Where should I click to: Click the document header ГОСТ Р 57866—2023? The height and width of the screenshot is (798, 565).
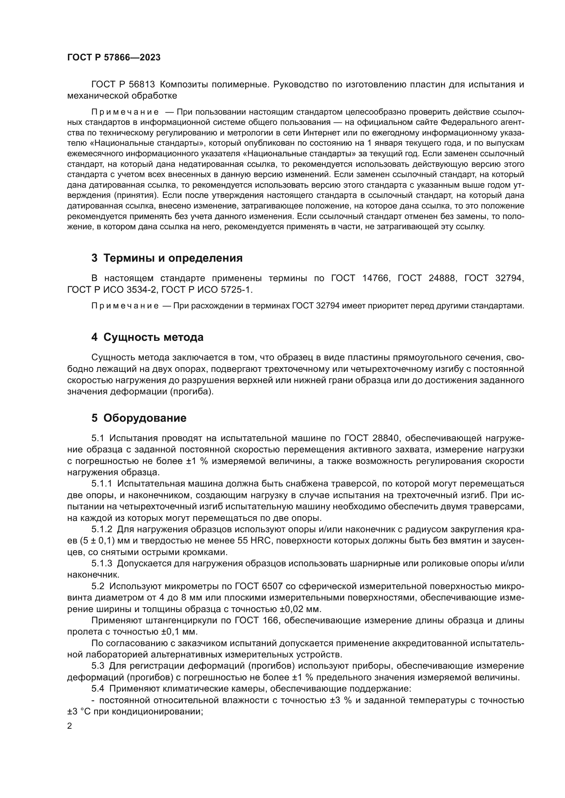tap(114, 57)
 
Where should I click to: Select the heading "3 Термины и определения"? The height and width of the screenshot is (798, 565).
tap(167, 258)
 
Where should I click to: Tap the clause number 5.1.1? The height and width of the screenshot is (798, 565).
tap(102, 484)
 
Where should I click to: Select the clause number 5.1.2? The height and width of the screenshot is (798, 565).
tap(102, 529)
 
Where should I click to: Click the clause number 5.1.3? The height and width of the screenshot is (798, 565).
tap(102, 563)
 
